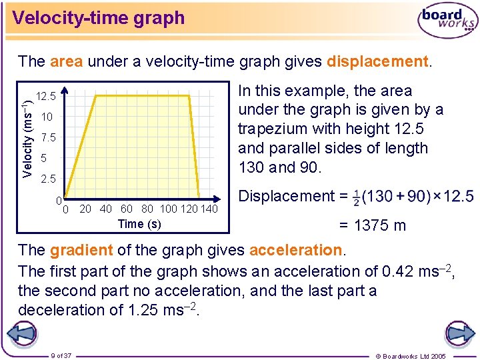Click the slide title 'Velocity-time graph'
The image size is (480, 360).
99,18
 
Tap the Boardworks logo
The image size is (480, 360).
447,21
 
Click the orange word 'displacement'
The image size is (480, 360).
377,62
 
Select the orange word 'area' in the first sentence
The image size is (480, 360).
66,62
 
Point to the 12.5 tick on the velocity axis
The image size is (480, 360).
47,96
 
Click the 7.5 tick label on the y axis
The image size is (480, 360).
47,138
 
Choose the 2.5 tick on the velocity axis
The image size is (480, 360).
47,179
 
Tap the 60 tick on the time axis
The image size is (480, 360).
127,209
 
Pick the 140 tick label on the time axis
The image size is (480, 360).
209,209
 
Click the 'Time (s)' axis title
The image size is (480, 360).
139,223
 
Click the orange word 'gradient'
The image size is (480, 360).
81,250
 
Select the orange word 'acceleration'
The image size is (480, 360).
295,250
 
